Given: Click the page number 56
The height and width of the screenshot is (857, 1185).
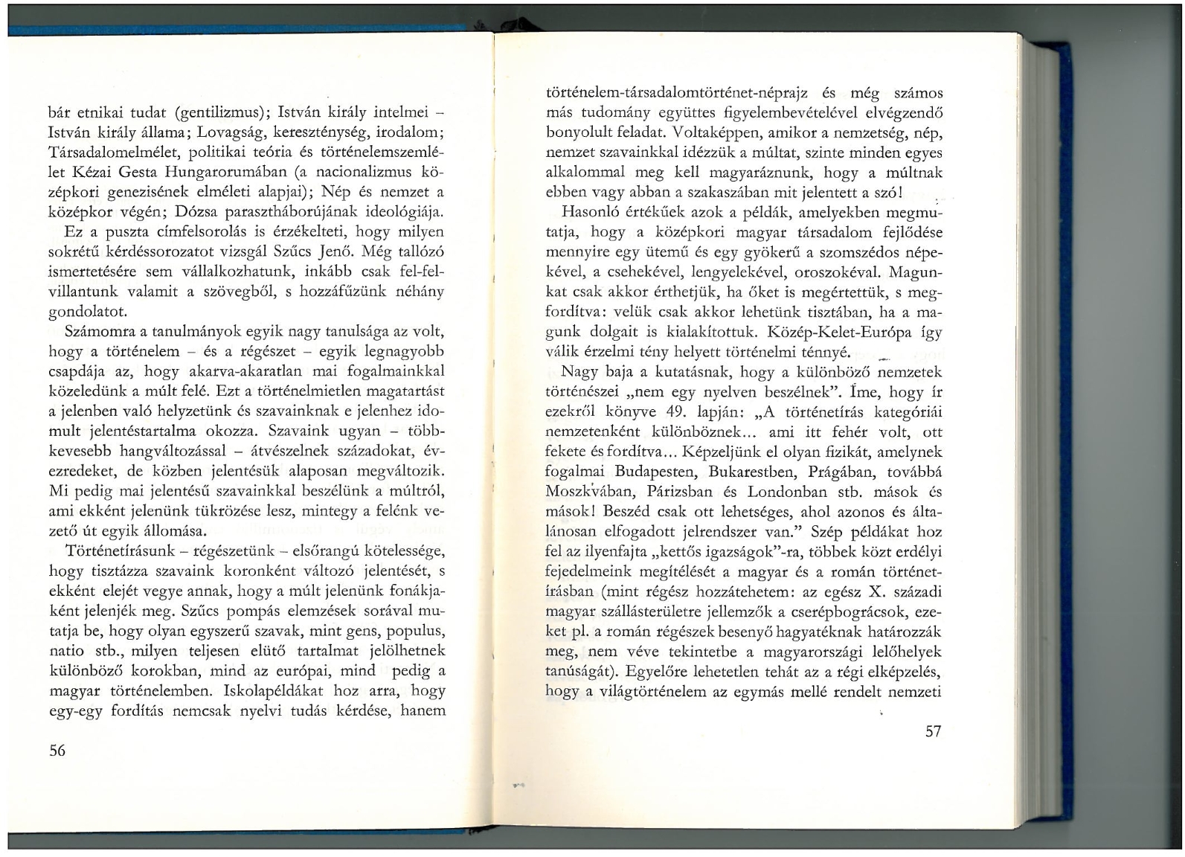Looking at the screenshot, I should (x=57, y=751).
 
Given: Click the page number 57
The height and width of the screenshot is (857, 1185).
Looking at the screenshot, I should (x=934, y=731).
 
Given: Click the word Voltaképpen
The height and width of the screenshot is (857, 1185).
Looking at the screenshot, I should (x=716, y=133).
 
